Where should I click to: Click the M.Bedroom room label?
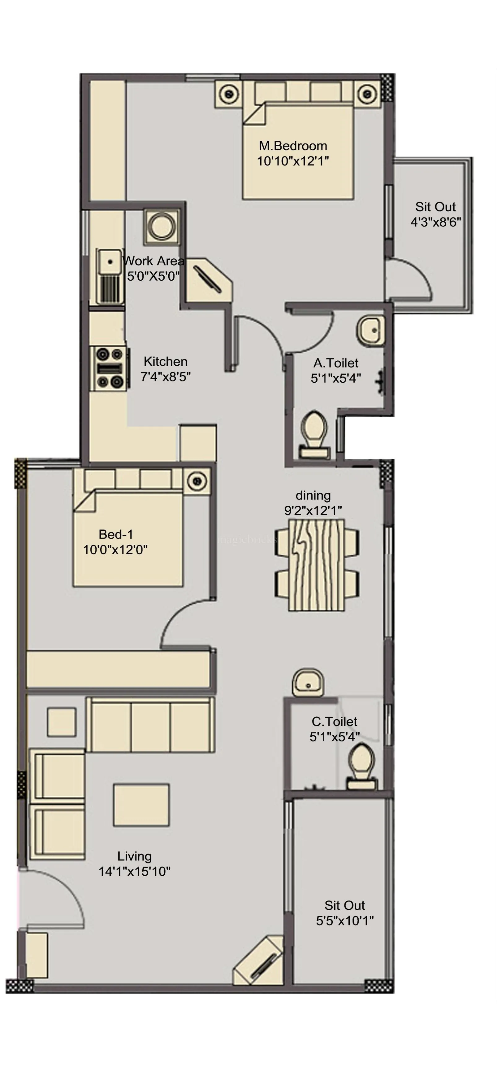coord(293,146)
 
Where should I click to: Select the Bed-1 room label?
coord(116,534)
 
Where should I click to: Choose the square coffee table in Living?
coord(141,804)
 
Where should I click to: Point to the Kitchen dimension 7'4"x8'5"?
coord(166,376)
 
